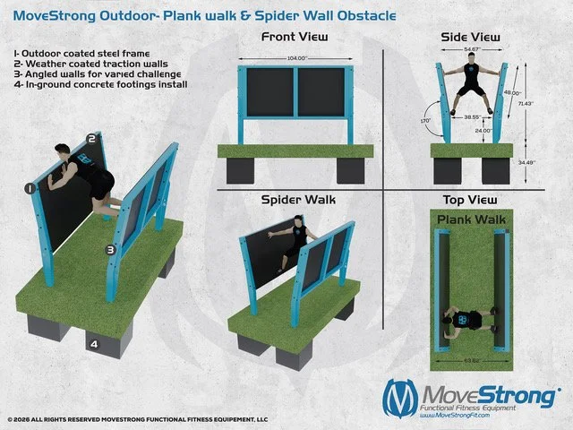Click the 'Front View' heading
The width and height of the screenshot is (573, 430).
294,38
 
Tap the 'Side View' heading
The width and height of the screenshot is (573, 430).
471,38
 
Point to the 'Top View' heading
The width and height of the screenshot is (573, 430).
471,199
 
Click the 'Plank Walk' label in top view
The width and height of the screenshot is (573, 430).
471,218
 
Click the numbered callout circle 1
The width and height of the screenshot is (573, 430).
30,189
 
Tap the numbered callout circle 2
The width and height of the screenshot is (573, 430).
90,139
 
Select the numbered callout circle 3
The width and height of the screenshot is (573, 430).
110,250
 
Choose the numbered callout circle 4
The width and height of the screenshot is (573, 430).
93,341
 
